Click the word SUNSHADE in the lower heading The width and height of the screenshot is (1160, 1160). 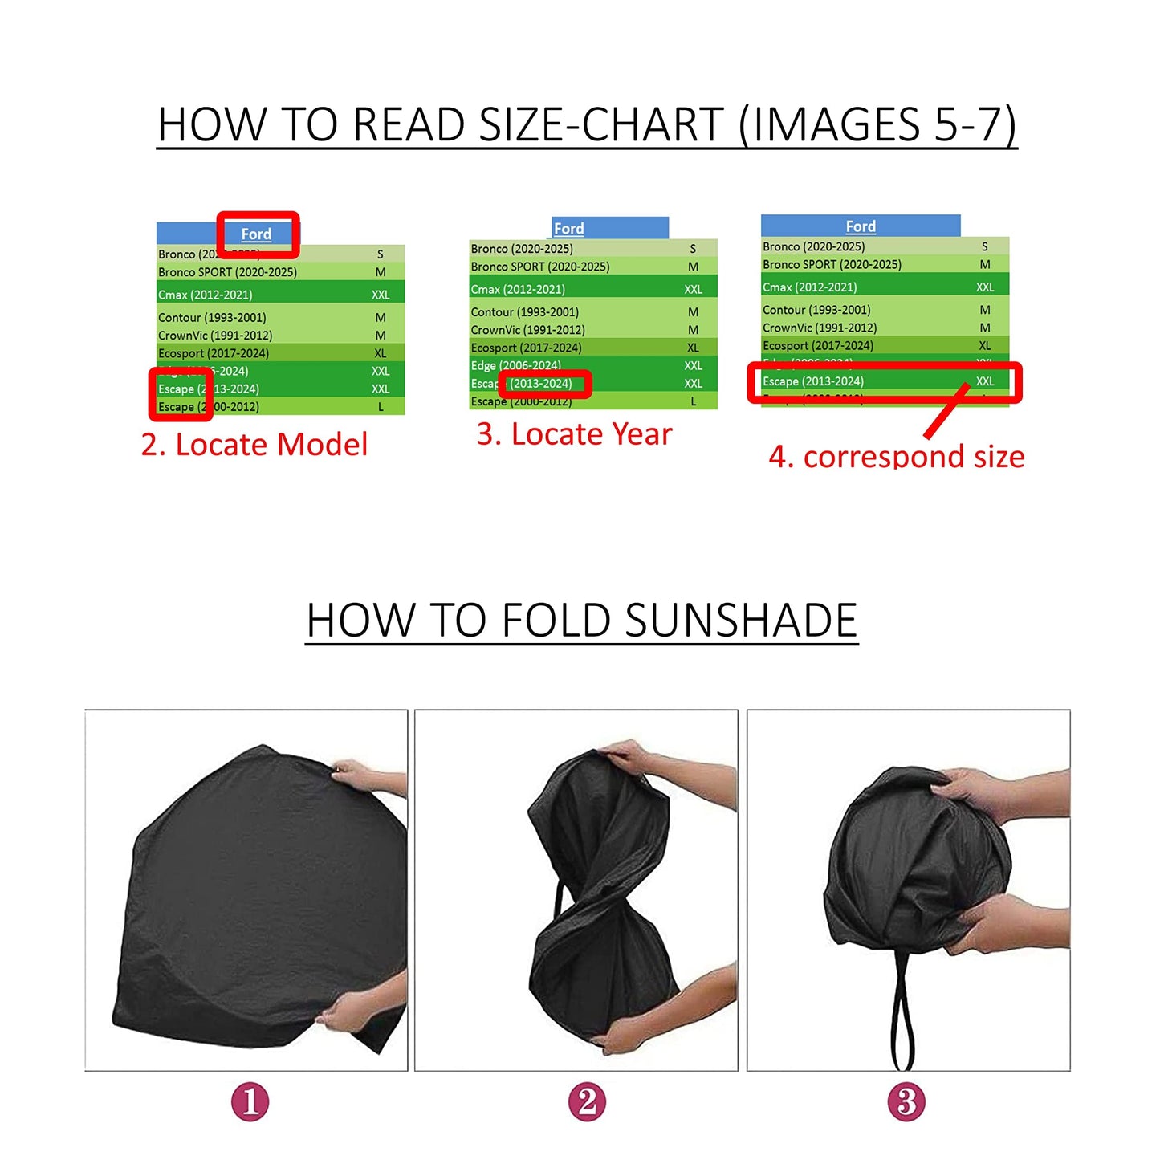[x=741, y=621]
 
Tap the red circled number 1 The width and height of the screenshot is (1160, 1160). [x=250, y=1101]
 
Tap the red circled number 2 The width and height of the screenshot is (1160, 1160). [x=587, y=1101]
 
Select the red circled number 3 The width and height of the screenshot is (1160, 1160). [x=906, y=1101]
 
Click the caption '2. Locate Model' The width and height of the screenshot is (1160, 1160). [x=254, y=445]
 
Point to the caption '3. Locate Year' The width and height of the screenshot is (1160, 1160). [x=574, y=434]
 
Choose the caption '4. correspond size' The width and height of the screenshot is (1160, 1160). [x=896, y=456]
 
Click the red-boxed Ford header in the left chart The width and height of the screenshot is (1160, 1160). [x=257, y=234]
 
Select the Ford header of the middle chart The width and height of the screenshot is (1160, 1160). [x=569, y=229]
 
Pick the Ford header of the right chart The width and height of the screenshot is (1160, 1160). [x=861, y=226]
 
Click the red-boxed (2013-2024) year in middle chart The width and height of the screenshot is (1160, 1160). [x=542, y=384]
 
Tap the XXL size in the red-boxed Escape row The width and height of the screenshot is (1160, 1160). [x=985, y=381]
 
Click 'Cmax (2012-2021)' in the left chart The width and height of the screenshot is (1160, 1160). [x=206, y=295]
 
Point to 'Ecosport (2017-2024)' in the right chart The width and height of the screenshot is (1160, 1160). [x=818, y=346]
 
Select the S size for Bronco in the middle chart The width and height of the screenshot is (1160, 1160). [x=693, y=249]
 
